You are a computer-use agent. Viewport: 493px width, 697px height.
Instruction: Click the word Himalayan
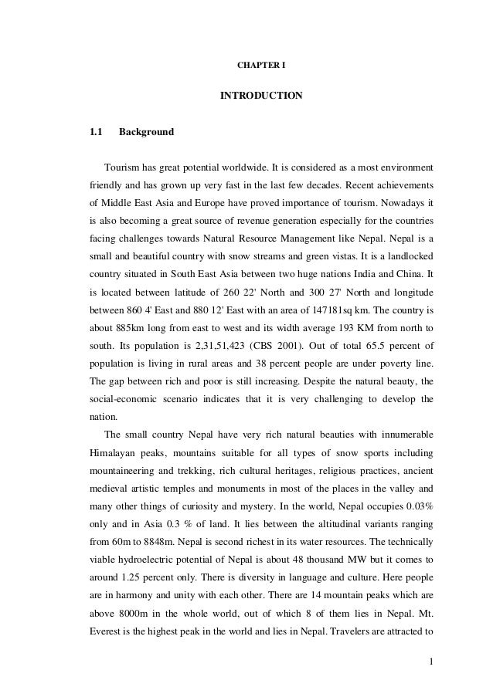113,450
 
